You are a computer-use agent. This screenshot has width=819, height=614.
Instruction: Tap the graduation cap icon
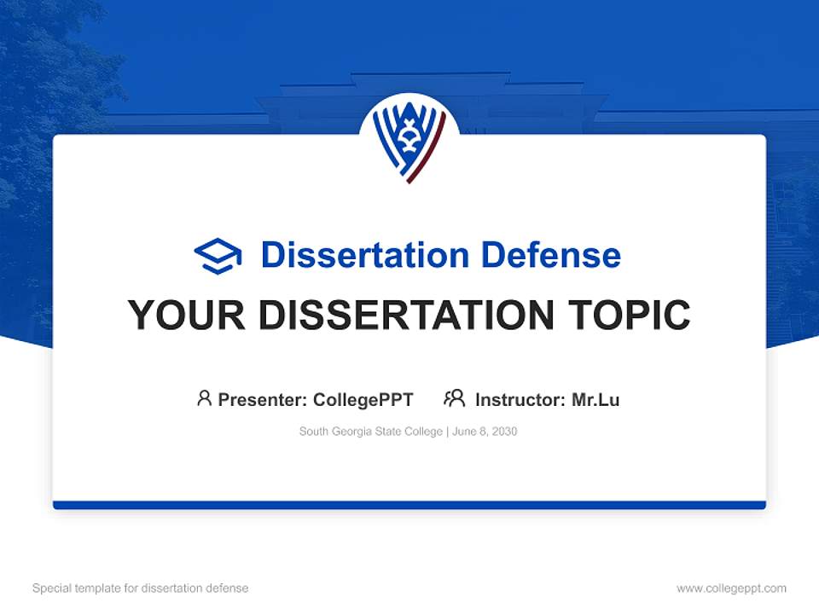coord(218,255)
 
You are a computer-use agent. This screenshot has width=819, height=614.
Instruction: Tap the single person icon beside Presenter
coord(204,398)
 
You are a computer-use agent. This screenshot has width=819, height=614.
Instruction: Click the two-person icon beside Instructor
coord(454,398)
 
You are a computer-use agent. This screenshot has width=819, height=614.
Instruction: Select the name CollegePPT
coord(363,399)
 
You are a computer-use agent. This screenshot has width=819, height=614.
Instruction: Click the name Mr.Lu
coord(595,399)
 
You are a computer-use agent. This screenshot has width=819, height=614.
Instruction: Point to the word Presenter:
coord(263,399)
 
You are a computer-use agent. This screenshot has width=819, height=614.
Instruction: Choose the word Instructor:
coord(520,399)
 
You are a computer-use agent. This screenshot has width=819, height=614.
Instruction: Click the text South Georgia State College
coord(370,432)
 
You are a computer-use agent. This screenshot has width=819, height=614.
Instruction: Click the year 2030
coord(503,432)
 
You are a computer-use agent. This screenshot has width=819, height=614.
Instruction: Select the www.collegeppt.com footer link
coord(731,588)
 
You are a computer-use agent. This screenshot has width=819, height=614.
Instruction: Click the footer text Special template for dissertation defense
coord(141,588)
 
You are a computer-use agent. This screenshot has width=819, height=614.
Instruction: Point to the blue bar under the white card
coord(409,505)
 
